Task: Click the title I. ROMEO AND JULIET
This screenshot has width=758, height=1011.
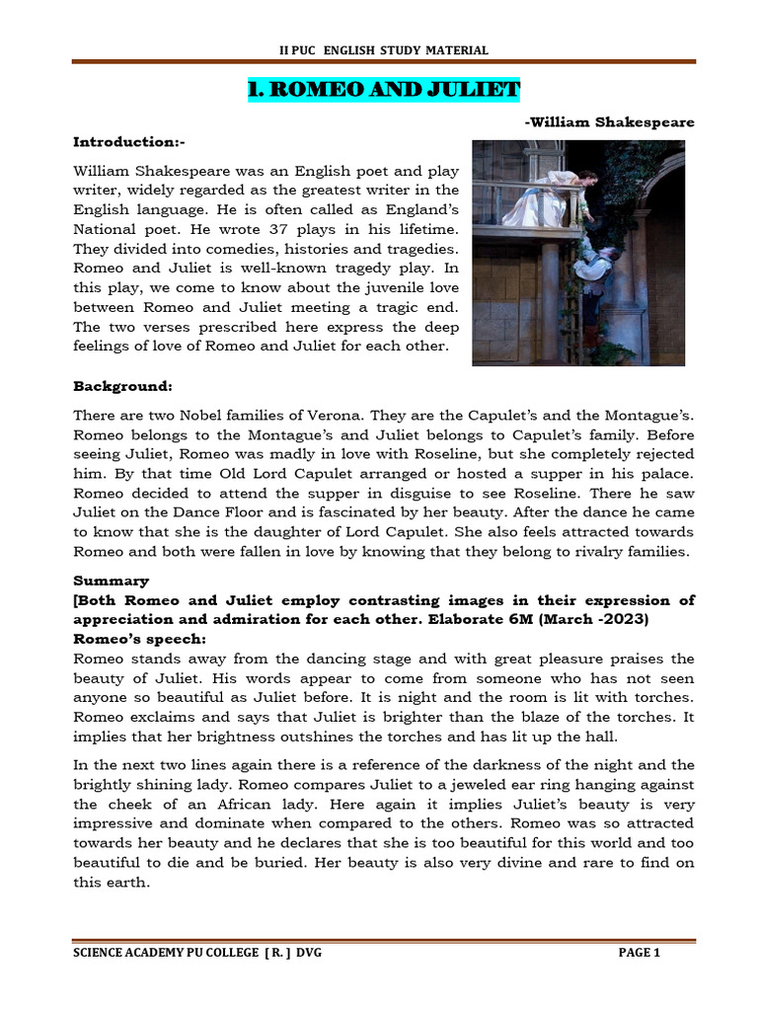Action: [383, 90]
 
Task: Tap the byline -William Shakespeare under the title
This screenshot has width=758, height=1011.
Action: [609, 122]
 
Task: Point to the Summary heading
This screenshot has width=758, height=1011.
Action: [112, 582]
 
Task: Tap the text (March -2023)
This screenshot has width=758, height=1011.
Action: [603, 620]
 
